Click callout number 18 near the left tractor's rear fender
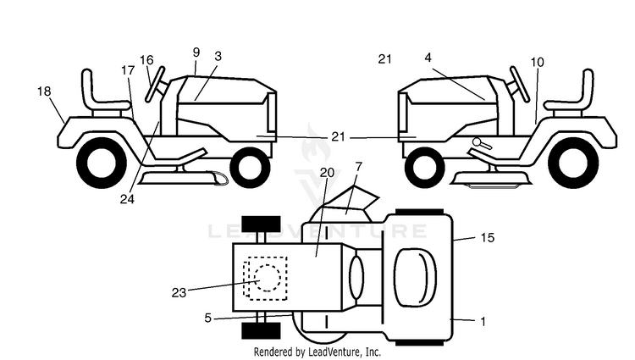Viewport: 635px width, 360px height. click(x=44, y=91)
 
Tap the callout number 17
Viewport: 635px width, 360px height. click(x=128, y=70)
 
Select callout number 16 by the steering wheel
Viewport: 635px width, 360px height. click(x=146, y=60)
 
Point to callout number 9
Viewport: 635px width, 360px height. click(x=196, y=53)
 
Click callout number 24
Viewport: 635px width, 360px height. click(x=127, y=199)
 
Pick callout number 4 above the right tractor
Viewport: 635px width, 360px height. click(x=428, y=58)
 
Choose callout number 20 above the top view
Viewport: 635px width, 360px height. click(x=327, y=173)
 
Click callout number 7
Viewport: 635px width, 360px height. click(x=358, y=166)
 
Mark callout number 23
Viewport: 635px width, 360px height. click(x=179, y=292)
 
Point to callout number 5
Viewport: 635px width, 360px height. click(x=207, y=318)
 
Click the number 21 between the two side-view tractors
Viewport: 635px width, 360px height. click(x=338, y=137)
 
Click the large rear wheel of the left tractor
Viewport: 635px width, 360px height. click(x=102, y=163)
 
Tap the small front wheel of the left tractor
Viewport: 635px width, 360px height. click(x=250, y=167)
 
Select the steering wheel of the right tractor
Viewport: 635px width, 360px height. click(x=520, y=84)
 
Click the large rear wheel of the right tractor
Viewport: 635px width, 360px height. click(x=574, y=163)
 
